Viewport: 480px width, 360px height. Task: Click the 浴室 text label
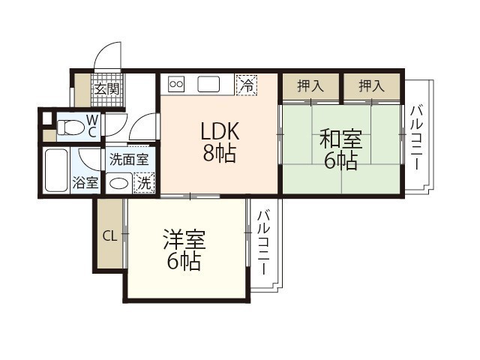tap(85, 182)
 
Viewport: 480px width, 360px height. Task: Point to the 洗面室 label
tap(130, 159)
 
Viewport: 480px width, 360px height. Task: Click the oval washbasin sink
tap(117, 181)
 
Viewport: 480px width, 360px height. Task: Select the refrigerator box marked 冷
tap(245, 85)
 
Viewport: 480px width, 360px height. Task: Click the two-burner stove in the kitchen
tap(177, 84)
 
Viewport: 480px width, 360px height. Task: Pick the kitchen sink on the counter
tap(208, 84)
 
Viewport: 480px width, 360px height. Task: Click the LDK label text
tap(219, 131)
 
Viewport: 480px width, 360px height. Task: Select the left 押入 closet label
tap(310, 86)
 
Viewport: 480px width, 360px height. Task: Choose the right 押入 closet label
tap(371, 86)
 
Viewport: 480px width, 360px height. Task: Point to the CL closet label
tap(109, 236)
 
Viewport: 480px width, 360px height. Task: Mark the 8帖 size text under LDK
tap(219, 154)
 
